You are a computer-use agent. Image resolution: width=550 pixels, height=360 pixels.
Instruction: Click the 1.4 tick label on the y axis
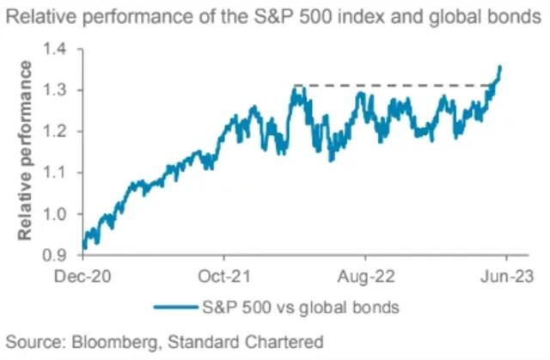point(61,50)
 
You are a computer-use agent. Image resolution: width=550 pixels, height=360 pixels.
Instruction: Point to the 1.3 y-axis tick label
point(61,90)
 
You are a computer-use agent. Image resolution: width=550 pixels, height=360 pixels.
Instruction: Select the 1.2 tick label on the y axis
point(61,131)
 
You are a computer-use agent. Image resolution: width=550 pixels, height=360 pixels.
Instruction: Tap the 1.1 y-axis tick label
point(61,173)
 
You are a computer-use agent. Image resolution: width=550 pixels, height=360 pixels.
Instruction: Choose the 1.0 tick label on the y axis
point(61,214)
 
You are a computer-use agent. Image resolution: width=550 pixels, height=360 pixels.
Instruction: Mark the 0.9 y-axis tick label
point(61,255)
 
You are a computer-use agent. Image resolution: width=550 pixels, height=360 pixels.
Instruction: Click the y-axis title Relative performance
point(26,151)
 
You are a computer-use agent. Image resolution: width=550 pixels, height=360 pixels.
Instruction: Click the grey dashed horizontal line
point(387,85)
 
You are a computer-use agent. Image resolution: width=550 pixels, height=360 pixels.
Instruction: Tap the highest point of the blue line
point(501,65)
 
